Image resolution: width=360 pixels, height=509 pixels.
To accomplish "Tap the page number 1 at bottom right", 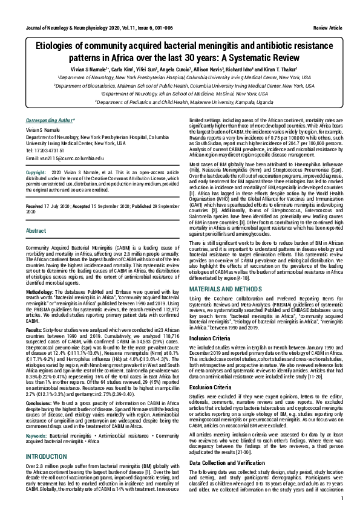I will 342,498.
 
